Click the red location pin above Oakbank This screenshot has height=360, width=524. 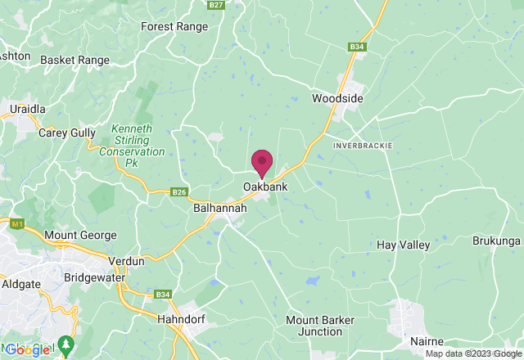pyautogui.click(x=262, y=161)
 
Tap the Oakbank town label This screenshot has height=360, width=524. pyautogui.click(x=264, y=187)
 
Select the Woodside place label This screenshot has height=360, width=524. pyautogui.click(x=337, y=99)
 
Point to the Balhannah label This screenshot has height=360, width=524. pyautogui.click(x=220, y=209)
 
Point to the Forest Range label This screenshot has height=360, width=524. pyautogui.click(x=174, y=26)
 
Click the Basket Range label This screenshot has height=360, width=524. pyautogui.click(x=75, y=61)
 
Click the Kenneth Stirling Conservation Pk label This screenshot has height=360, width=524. pyautogui.click(x=132, y=146)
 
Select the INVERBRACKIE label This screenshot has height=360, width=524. pyautogui.click(x=363, y=145)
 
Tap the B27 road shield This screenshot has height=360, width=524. pyautogui.click(x=216, y=5)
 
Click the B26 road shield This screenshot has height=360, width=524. pyautogui.click(x=180, y=192)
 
